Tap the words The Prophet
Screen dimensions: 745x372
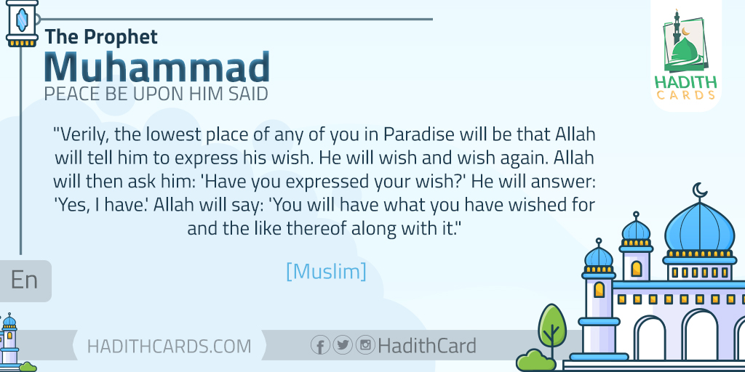101,37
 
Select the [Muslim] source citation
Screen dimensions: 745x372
327,271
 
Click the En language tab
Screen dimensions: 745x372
24,280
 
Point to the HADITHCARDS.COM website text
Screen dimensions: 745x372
169,346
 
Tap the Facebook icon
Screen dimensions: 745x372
320,345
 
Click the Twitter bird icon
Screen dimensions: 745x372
343,344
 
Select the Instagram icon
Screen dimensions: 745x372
365,344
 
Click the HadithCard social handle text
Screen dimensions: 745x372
426,345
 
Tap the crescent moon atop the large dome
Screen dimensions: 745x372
699,190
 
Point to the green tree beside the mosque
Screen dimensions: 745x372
552,328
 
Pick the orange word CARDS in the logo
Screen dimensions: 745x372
685,95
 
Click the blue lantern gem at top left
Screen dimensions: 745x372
22,20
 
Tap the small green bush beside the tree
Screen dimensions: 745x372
535,360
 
